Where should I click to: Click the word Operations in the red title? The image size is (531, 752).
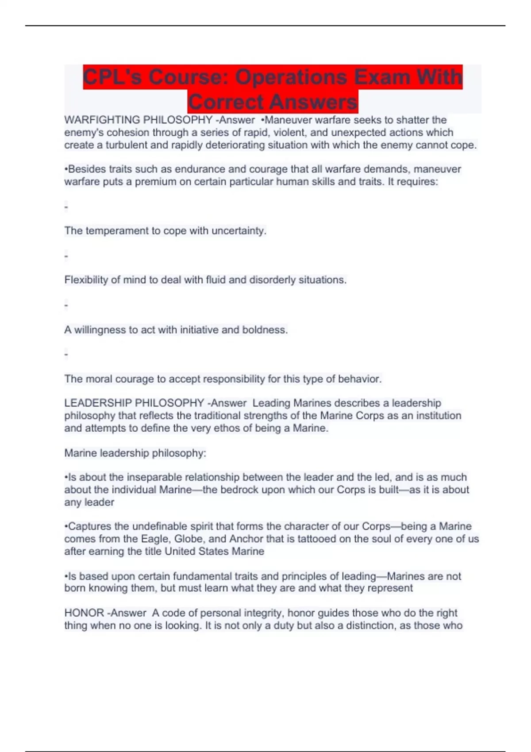291,77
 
